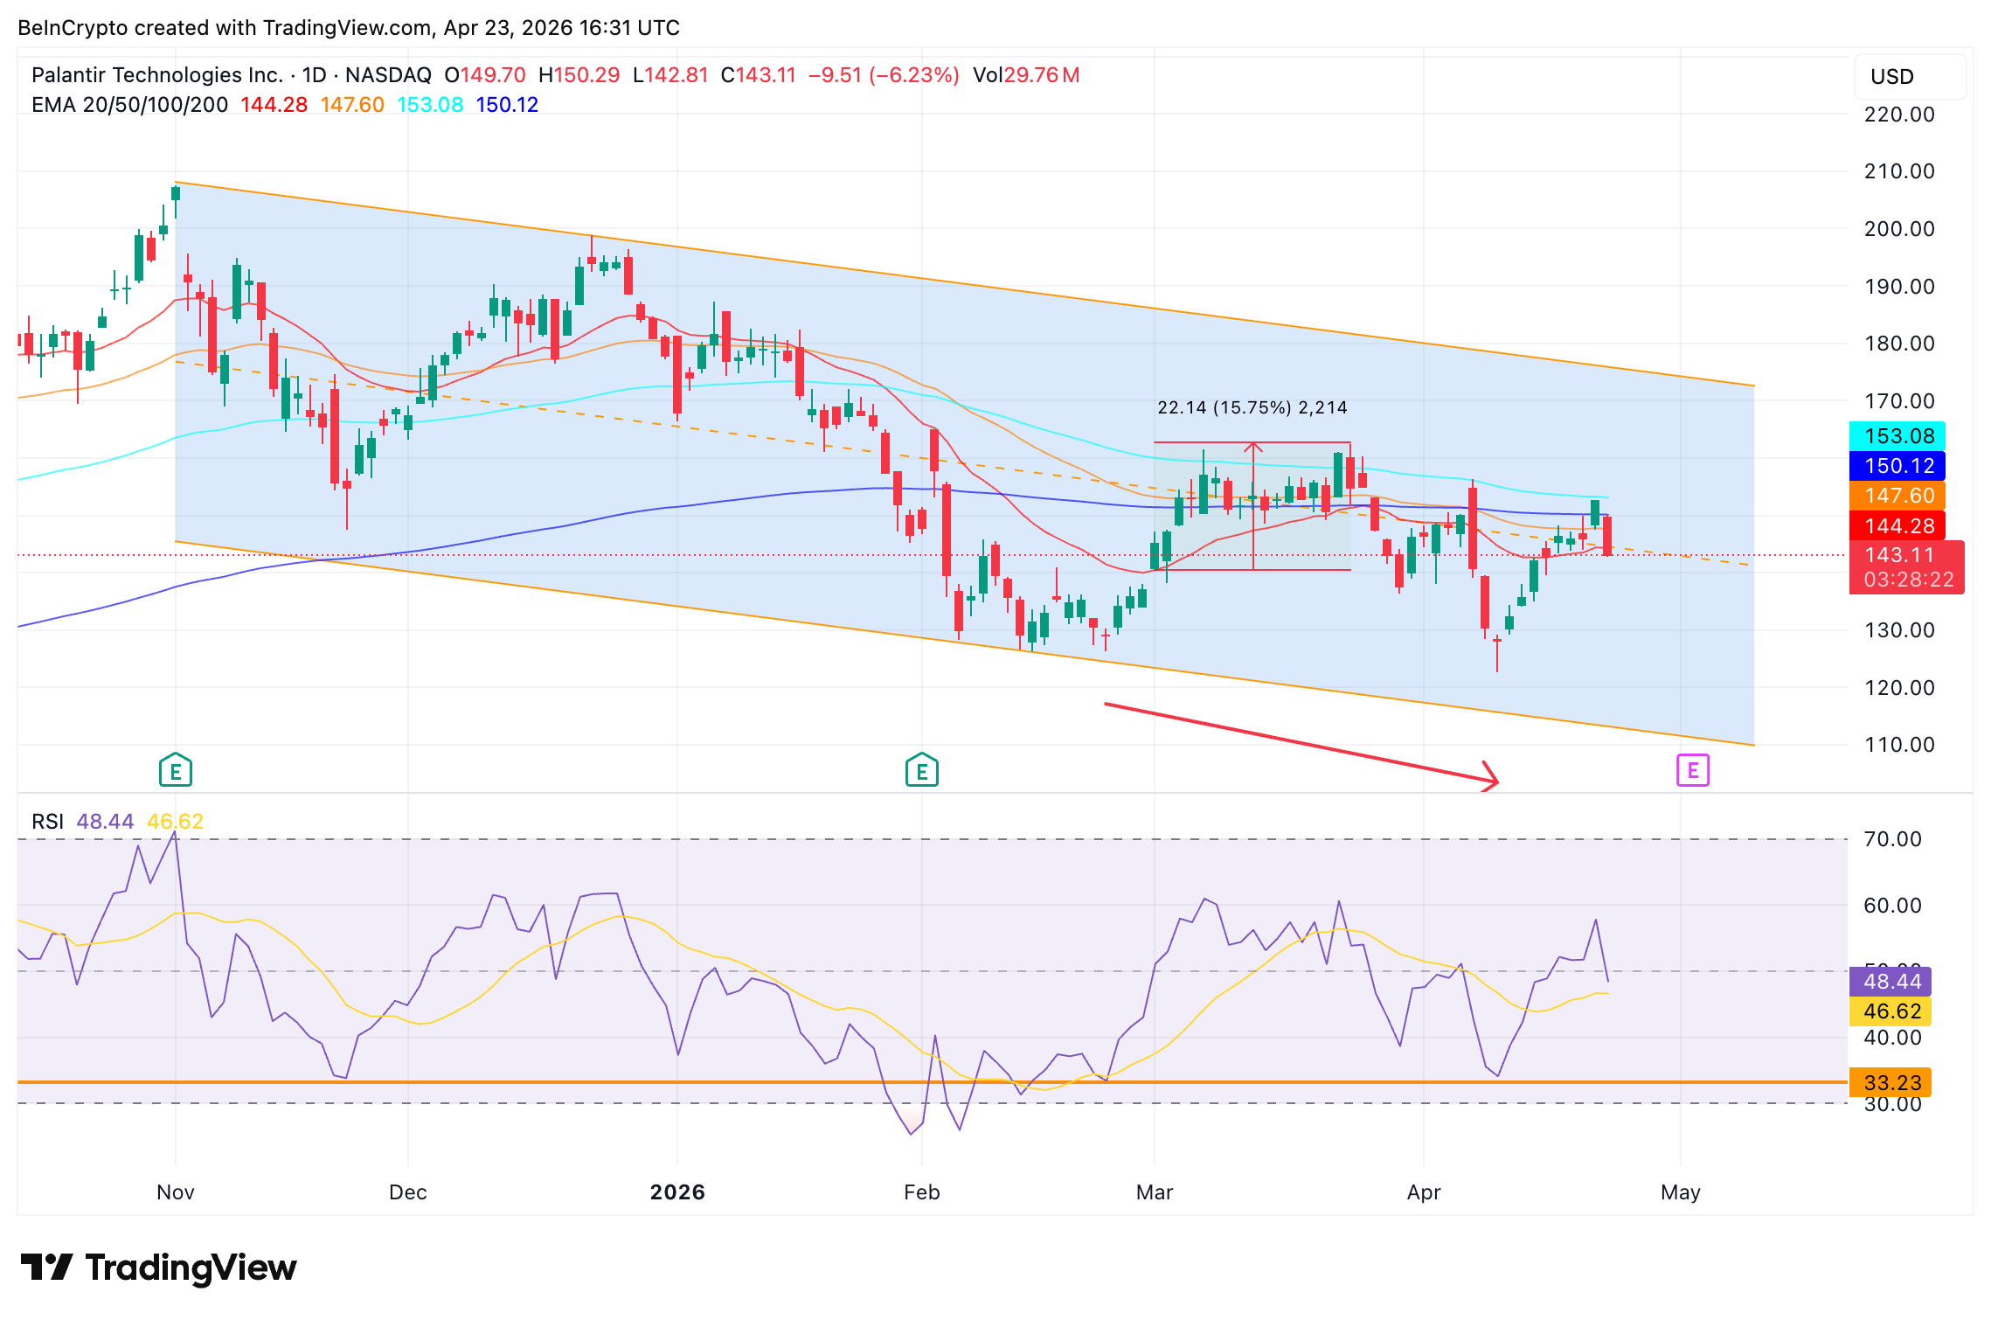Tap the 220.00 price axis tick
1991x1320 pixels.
click(1899, 115)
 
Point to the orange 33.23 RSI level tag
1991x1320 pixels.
click(1891, 1083)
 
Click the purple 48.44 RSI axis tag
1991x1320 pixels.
click(1891, 982)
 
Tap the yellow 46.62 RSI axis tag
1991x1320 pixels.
click(1891, 1011)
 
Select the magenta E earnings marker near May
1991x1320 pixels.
click(1693, 770)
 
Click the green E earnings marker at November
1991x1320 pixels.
click(176, 771)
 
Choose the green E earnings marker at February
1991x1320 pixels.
click(922, 771)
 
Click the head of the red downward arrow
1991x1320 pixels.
click(1493, 779)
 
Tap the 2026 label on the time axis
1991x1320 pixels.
click(677, 1192)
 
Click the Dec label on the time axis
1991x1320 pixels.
click(408, 1192)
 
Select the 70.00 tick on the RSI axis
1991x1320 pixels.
click(1892, 839)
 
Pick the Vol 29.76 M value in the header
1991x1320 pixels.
click(1027, 75)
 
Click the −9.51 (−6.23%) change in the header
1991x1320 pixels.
click(884, 75)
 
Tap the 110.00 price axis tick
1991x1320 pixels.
click(1899, 745)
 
